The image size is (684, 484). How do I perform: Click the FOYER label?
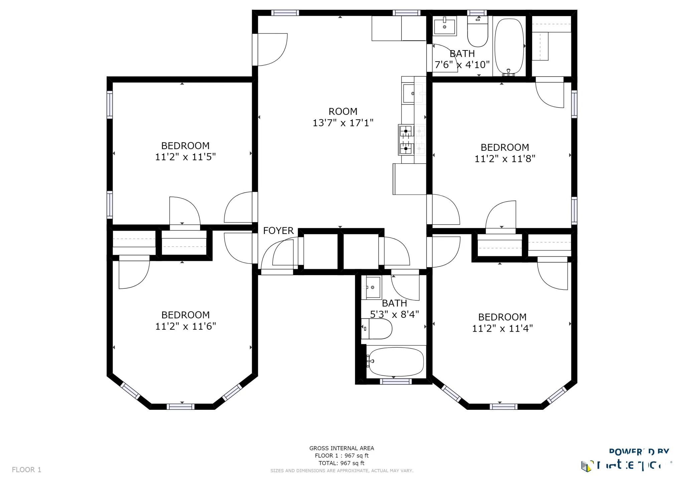coord(278,231)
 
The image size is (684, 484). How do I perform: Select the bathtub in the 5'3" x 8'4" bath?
coord(396,362)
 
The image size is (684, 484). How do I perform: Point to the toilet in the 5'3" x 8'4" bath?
coord(377,329)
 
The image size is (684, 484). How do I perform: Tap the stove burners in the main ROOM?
coord(406,140)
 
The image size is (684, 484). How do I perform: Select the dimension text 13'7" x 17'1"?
coord(343,123)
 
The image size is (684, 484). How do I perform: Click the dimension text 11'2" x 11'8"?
coord(505,159)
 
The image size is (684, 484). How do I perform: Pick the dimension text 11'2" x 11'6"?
coord(185,326)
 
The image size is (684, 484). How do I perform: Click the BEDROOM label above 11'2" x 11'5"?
coord(185,146)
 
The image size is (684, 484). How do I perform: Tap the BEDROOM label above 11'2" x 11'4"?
coord(502,317)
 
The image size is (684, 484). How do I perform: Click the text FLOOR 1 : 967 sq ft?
coord(341,456)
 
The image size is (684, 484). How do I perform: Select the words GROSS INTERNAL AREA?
coord(341,448)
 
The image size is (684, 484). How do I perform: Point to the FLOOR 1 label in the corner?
coord(26,470)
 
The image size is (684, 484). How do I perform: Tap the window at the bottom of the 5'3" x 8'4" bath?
coord(395,381)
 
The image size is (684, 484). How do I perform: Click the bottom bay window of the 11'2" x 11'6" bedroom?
coord(180,406)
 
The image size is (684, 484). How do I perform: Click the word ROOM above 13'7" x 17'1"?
coord(343,111)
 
